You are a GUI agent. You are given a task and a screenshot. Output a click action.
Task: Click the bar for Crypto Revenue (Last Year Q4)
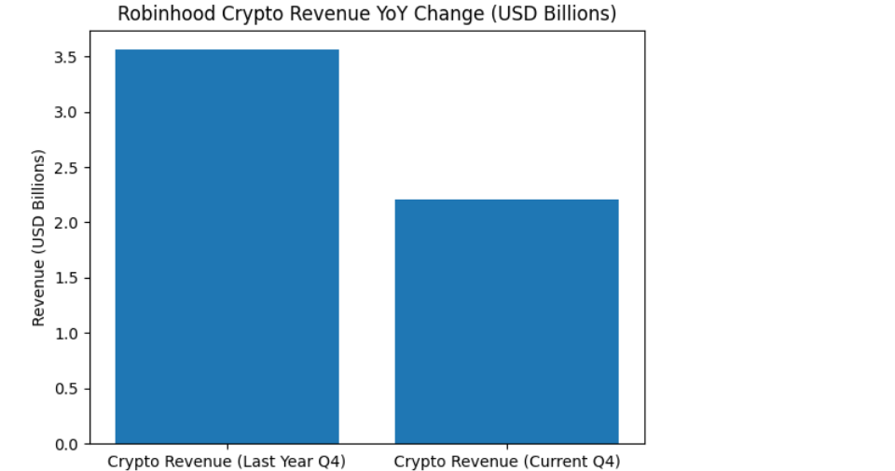tap(227, 246)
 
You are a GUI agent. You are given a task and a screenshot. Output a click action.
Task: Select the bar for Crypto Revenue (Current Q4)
tap(506, 321)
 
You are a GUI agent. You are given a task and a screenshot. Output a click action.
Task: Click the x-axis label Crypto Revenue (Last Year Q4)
tap(227, 462)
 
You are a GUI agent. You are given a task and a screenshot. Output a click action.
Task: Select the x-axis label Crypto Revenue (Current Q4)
tap(506, 462)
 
